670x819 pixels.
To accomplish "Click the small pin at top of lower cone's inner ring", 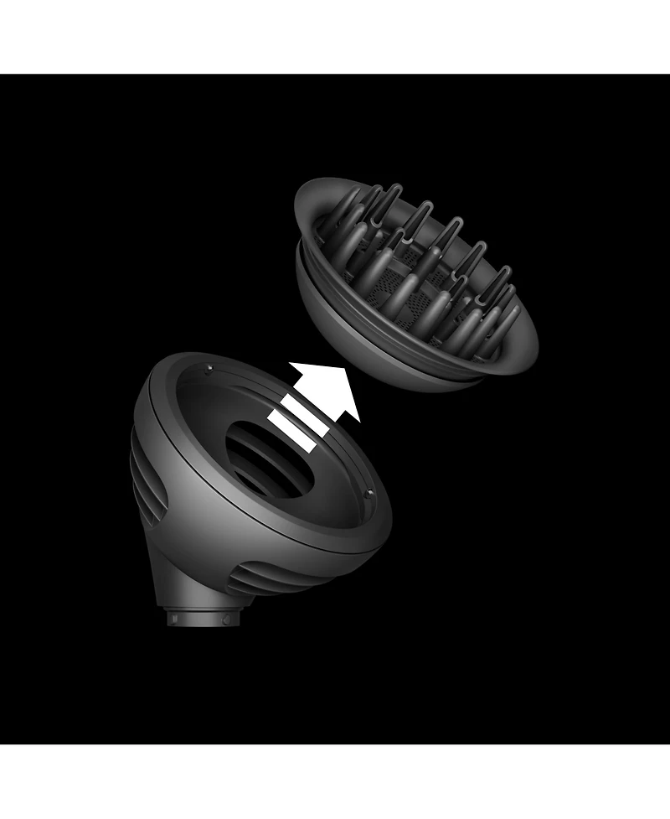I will [207, 367].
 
